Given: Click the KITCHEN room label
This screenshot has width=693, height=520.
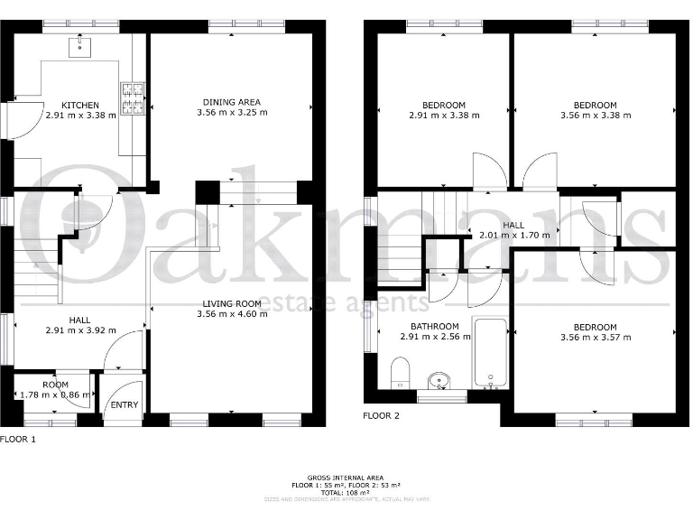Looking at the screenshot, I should tap(80, 106).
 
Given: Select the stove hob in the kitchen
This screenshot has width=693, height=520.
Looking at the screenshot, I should tap(133, 100).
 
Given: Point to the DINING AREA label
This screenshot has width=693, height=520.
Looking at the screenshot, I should tap(231, 102).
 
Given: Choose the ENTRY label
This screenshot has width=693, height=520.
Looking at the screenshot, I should tap(124, 404).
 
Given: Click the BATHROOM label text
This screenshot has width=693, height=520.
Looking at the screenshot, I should tap(435, 326).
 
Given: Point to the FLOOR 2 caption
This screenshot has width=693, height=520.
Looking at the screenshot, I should tap(381, 416).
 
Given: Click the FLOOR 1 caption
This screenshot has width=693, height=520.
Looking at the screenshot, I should tap(18, 440).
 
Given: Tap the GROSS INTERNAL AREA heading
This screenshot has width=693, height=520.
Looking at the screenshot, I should tap(346, 478).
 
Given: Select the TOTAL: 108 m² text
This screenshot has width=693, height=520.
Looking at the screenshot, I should tap(346, 492).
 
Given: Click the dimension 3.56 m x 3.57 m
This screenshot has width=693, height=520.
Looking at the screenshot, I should tap(595, 338).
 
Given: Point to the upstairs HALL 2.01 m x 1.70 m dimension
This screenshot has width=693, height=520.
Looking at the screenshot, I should tap(513, 235).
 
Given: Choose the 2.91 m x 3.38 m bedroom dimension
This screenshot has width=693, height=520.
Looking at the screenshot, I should tap(443, 116).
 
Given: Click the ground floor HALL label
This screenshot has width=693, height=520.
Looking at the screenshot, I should tap(79, 320).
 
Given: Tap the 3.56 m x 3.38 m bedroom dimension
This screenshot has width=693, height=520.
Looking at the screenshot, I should tap(595, 116).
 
